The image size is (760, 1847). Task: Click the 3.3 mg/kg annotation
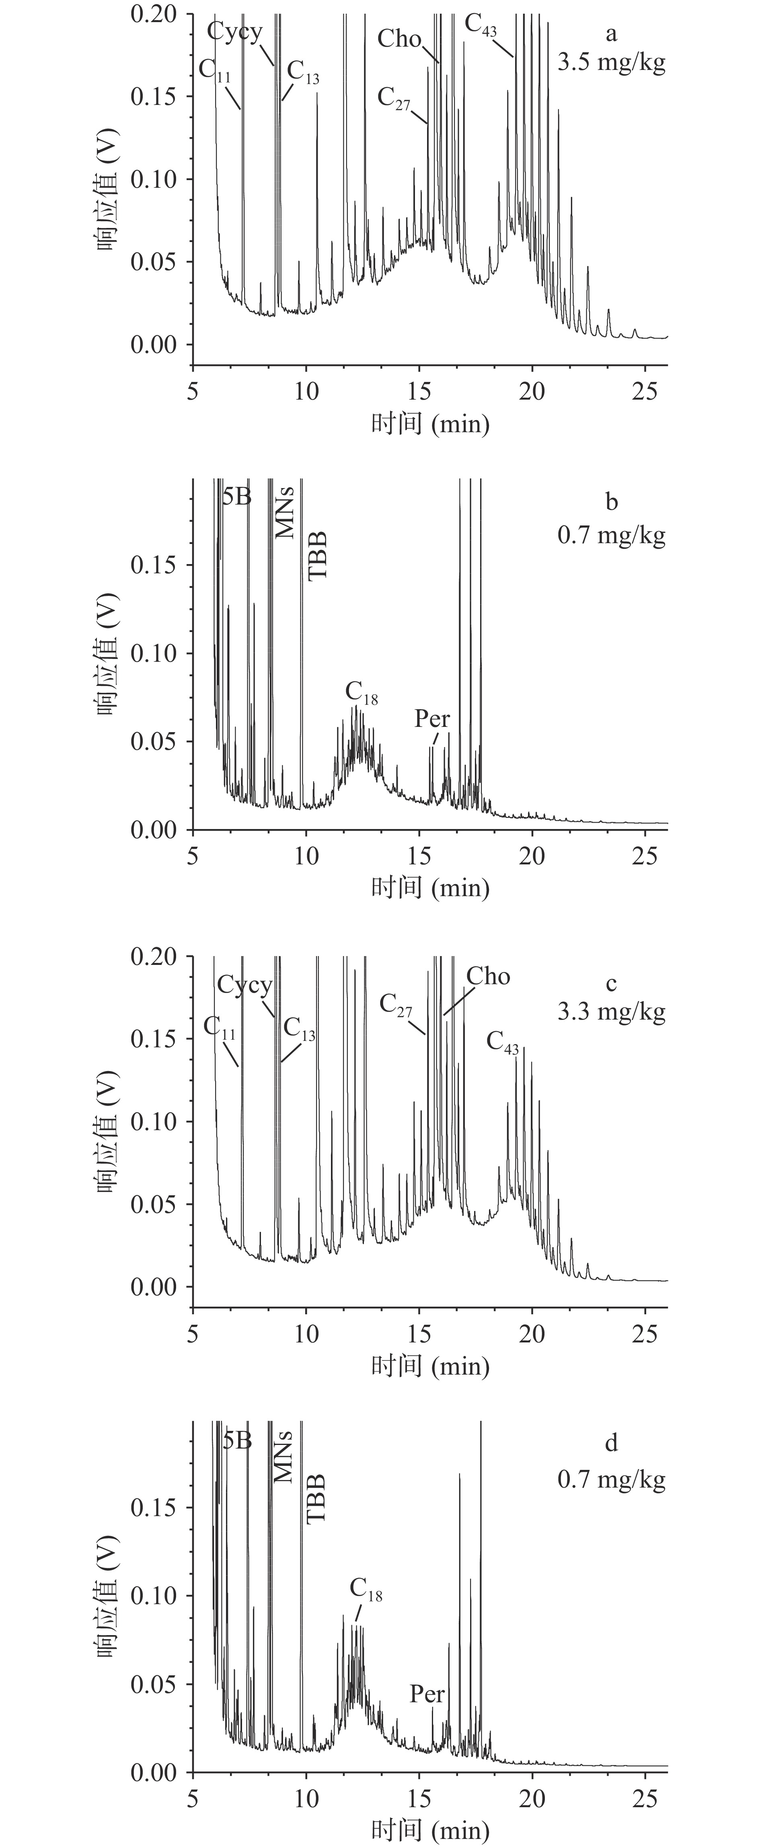(612, 1011)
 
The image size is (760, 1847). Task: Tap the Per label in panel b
(432, 718)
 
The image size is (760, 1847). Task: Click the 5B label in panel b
(236, 496)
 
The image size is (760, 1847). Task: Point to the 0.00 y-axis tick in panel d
(154, 1773)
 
